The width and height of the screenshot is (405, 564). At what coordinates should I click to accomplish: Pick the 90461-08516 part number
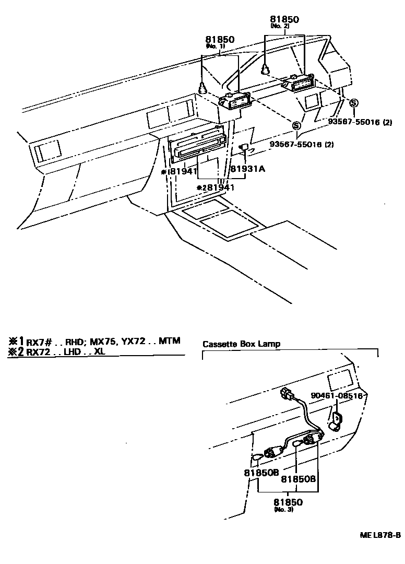(x=337, y=396)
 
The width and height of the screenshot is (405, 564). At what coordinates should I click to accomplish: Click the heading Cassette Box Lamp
(x=241, y=344)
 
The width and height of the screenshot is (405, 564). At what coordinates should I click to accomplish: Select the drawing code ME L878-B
(x=379, y=535)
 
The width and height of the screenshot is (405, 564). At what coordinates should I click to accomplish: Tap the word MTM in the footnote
(x=170, y=341)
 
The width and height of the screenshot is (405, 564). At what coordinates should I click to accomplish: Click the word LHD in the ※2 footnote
(x=75, y=352)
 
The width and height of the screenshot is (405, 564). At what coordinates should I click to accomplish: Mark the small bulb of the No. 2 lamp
(x=266, y=68)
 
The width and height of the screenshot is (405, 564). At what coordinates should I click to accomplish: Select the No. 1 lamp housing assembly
(x=237, y=101)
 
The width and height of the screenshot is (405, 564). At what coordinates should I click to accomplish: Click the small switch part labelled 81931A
(x=243, y=148)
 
